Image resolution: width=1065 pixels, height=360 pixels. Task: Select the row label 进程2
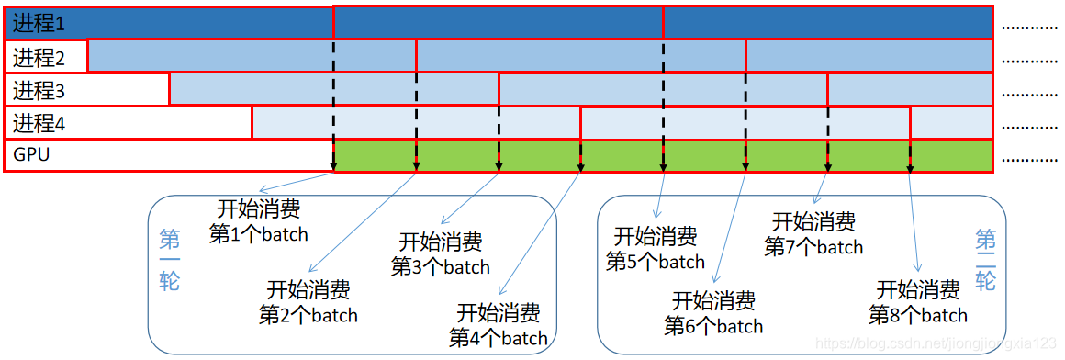tap(39, 57)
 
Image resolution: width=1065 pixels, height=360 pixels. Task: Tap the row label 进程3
tap(39, 90)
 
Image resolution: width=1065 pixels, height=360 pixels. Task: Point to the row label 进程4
tap(39, 122)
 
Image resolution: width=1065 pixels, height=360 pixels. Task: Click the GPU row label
tap(31, 154)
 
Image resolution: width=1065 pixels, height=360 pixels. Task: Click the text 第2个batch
tap(308, 315)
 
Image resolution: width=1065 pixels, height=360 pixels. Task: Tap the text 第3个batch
tap(440, 266)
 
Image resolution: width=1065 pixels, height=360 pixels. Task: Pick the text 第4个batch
tap(499, 337)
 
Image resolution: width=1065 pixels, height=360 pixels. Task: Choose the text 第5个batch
tap(655, 261)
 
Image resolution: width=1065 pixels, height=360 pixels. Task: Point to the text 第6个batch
tap(713, 325)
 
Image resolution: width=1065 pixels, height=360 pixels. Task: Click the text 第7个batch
tap(813, 246)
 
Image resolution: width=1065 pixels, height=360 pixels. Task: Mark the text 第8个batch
tap(917, 314)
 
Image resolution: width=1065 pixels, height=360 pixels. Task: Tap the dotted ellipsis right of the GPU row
tap(1029, 159)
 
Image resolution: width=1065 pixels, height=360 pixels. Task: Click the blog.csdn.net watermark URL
tap(936, 343)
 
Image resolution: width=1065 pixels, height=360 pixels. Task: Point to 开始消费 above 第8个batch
tap(918, 290)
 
